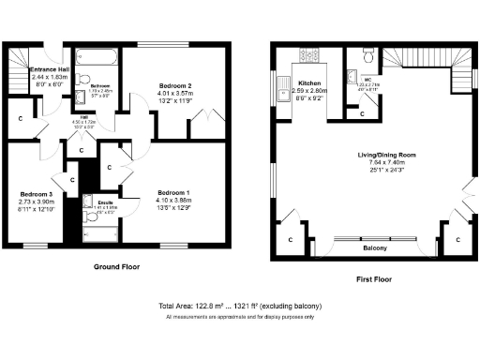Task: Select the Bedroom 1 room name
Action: [173, 191]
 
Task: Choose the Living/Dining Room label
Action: [386, 157]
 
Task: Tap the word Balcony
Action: [376, 250]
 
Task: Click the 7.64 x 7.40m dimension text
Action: [386, 165]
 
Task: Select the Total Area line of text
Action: [241, 307]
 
